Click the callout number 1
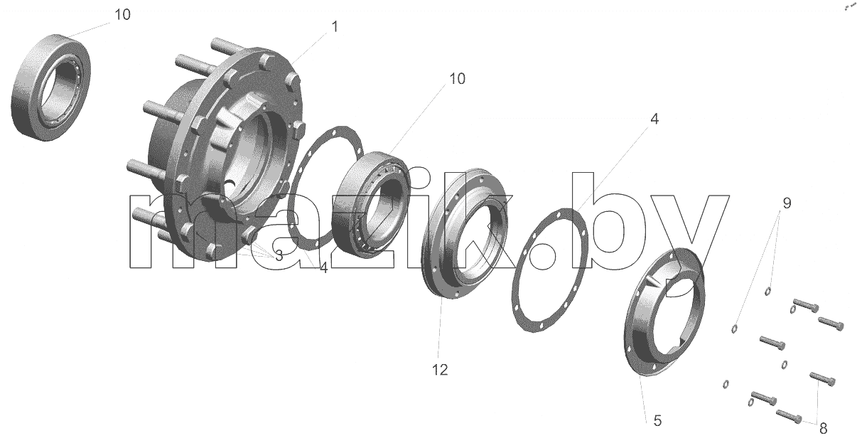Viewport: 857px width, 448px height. tap(335, 27)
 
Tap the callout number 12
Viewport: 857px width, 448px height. tap(440, 370)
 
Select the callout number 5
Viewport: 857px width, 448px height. tap(657, 421)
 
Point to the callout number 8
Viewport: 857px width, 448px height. tap(824, 429)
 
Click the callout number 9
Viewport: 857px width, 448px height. tap(787, 203)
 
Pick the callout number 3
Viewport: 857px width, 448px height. tap(279, 256)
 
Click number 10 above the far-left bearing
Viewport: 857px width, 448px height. tap(122, 14)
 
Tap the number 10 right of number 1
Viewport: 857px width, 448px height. tap(457, 78)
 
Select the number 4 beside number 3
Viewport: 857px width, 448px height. tap(323, 268)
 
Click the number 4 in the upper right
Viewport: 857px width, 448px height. tap(654, 119)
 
